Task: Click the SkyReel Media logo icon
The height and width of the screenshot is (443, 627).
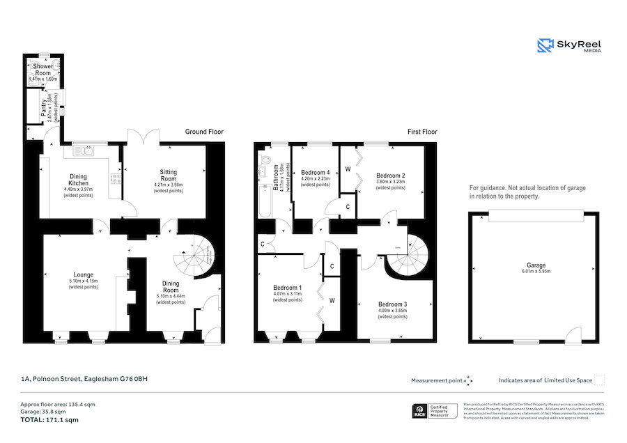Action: (545, 45)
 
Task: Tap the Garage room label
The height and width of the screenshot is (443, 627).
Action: (536, 265)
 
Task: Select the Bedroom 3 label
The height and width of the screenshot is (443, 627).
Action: (393, 304)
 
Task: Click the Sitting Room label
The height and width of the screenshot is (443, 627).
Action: (168, 176)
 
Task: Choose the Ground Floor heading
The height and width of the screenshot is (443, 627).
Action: (204, 132)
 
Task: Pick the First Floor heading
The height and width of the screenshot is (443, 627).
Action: (422, 132)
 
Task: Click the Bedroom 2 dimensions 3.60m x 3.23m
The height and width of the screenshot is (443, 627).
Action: (390, 182)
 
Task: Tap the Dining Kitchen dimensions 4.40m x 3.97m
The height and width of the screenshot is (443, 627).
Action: (78, 189)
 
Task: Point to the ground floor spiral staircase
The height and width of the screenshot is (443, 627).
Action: (200, 258)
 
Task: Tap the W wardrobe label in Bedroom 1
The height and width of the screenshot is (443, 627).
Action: (332, 301)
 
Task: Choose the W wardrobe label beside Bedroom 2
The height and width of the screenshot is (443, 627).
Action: (348, 169)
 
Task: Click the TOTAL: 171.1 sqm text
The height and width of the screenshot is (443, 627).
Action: (49, 420)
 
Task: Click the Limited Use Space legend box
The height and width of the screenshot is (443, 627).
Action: (599, 380)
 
